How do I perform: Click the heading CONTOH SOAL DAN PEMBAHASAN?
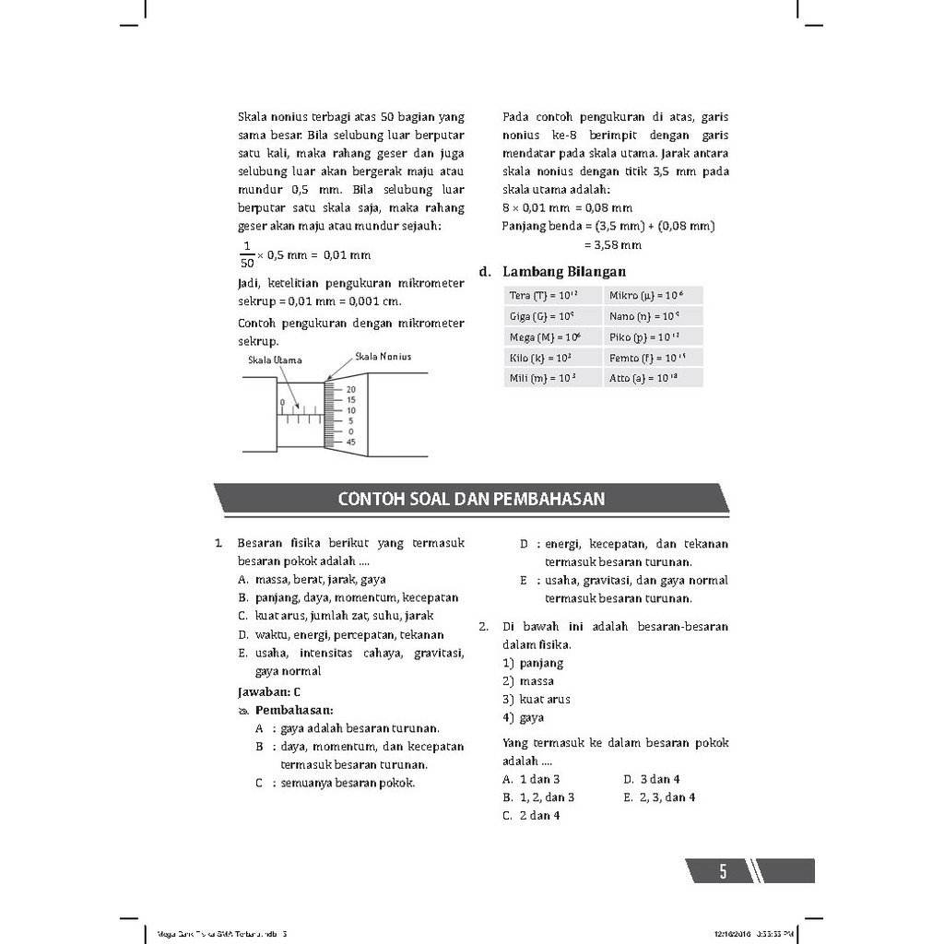pyautogui.click(x=471, y=499)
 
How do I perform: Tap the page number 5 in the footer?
pyautogui.click(x=723, y=871)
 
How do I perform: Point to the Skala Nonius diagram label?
pyautogui.click(x=383, y=357)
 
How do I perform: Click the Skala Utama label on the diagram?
pyautogui.click(x=275, y=360)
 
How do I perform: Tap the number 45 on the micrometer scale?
pyautogui.click(x=350, y=442)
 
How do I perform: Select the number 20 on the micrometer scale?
pyautogui.click(x=350, y=390)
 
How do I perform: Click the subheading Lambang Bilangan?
pyautogui.click(x=563, y=272)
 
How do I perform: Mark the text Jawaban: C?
pyautogui.click(x=269, y=691)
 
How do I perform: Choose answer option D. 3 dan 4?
pyautogui.click(x=652, y=779)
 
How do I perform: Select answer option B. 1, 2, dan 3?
pyautogui.click(x=538, y=797)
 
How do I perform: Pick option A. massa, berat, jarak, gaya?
pyautogui.click(x=312, y=580)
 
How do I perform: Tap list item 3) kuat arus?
pyautogui.click(x=537, y=700)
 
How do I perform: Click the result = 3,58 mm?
pyautogui.click(x=612, y=244)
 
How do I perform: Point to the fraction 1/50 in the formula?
pyautogui.click(x=246, y=254)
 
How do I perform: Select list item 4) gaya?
pyautogui.click(x=524, y=718)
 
